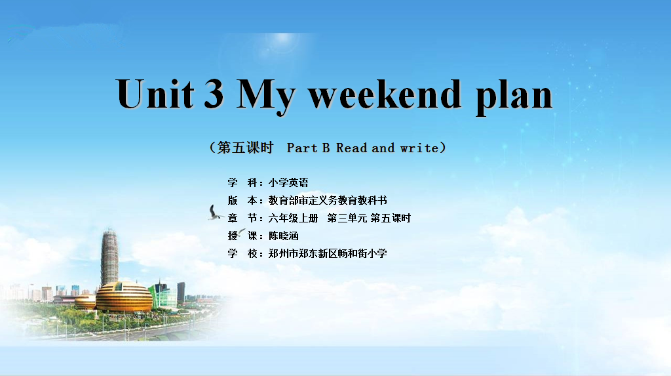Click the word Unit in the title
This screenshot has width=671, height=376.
tap(155, 93)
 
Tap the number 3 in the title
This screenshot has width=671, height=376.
tap(214, 93)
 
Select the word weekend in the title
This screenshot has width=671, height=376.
tap(385, 93)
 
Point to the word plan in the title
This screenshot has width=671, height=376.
tap(514, 96)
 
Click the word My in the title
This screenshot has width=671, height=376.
tap(265, 96)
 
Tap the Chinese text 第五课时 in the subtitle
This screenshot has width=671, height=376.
tap(245, 148)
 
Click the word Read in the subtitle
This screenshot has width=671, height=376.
tap(351, 148)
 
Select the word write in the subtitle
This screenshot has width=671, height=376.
tap(419, 148)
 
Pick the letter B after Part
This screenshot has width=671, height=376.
tap(326, 148)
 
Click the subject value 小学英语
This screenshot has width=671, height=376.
tap(288, 182)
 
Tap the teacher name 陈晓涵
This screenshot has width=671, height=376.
tap(283, 236)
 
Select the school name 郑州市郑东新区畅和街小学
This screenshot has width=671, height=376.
tap(328, 253)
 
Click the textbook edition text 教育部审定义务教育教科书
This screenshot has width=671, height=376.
tap(328, 200)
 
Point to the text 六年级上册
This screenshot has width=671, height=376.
tap(293, 219)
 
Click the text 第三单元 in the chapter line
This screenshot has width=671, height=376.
tap(347, 219)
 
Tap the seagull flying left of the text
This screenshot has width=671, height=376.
tap(215, 213)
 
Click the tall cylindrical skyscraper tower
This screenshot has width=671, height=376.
tap(109, 257)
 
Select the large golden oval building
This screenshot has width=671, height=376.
tap(124, 297)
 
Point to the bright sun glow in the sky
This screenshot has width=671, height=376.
tap(282, 39)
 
